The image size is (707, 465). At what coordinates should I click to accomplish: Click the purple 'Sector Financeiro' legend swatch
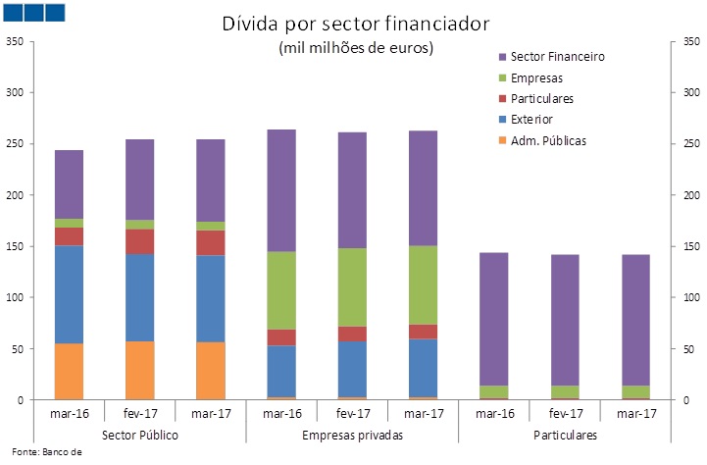click(503, 57)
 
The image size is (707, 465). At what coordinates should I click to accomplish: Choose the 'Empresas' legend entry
click(536, 77)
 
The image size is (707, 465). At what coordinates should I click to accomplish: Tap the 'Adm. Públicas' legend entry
click(548, 140)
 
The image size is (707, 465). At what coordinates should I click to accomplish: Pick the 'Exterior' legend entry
click(532, 120)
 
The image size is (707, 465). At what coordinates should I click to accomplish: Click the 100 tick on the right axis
click(692, 297)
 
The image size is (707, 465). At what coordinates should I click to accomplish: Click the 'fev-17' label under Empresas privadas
click(352, 413)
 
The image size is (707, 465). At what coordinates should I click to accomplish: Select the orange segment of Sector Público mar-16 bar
click(69, 372)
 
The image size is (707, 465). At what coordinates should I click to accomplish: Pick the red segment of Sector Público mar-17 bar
click(210, 242)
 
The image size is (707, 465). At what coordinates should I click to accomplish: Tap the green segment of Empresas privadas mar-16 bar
click(281, 290)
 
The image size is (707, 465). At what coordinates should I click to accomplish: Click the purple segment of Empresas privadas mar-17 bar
click(423, 187)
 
